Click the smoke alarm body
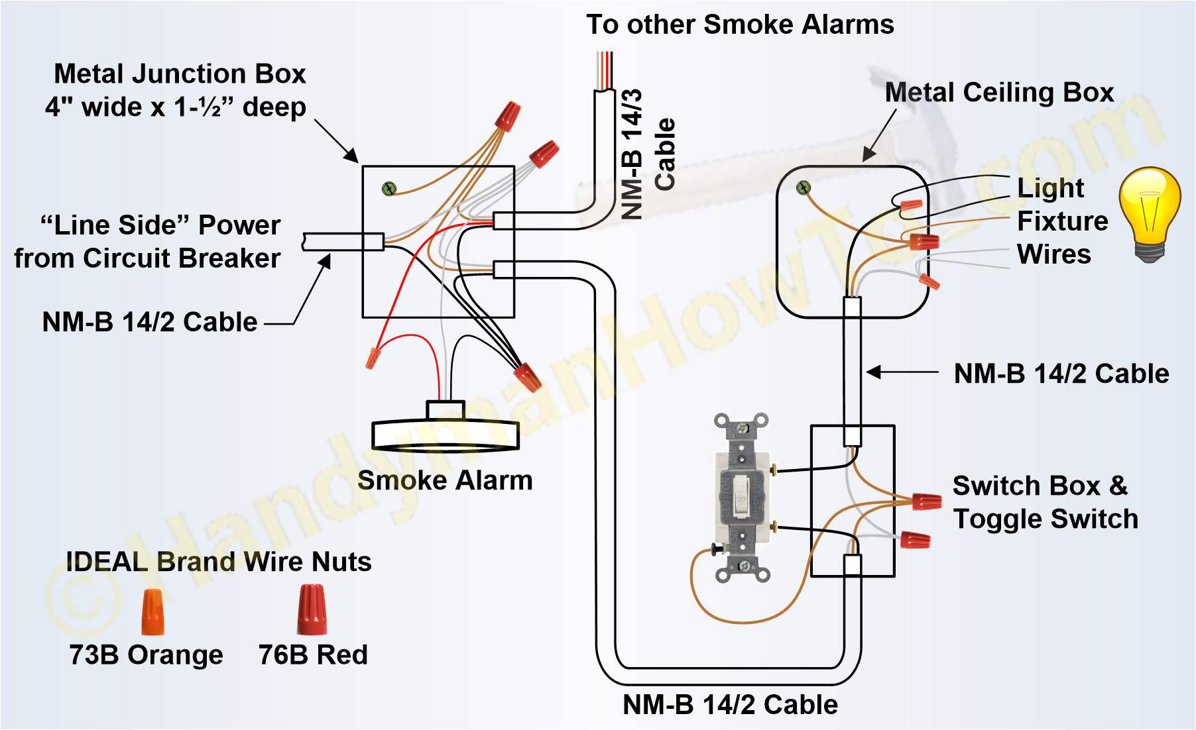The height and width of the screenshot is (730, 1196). point(444,434)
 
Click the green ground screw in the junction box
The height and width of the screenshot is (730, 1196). point(389,189)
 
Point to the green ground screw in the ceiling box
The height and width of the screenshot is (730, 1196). point(804,188)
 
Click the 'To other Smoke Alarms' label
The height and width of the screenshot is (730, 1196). point(740,25)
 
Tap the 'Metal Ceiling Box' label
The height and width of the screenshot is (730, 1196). point(999,92)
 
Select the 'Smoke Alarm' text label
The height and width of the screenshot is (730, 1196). point(444,480)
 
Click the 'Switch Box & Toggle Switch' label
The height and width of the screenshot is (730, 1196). point(1045,502)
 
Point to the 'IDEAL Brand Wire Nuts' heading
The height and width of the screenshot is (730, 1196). point(219,562)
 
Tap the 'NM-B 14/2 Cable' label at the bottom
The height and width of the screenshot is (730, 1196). point(730,704)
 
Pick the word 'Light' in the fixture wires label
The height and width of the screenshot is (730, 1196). point(1050,188)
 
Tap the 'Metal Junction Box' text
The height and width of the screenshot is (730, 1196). point(180,74)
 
